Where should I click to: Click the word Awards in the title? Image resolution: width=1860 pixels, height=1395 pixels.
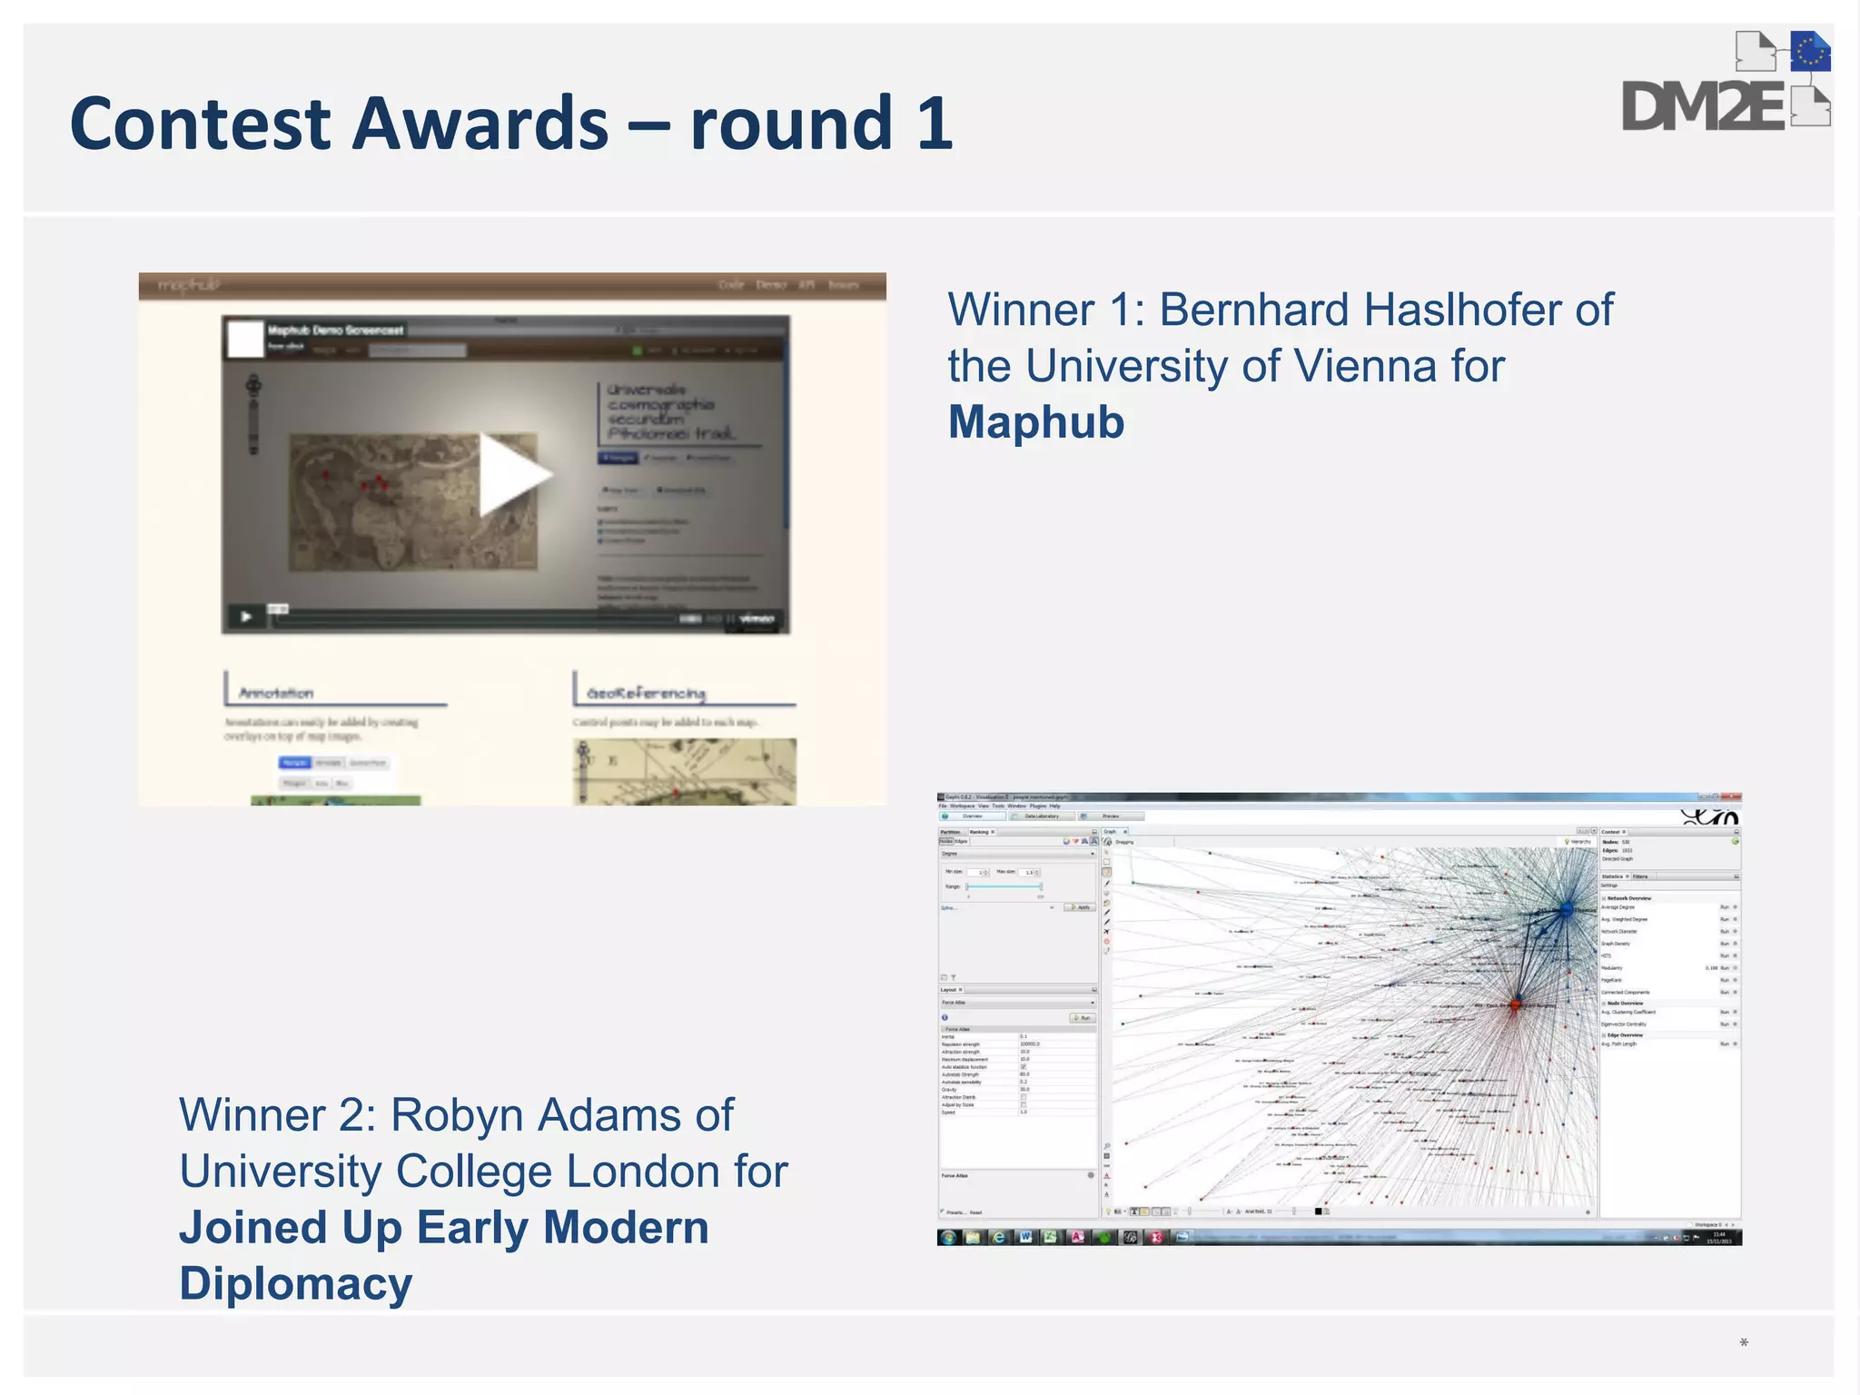[480, 124]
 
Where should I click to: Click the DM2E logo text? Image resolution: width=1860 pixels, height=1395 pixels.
[1703, 108]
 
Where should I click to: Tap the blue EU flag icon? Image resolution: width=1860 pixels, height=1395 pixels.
[1810, 52]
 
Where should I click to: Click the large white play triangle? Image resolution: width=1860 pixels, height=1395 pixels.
[511, 474]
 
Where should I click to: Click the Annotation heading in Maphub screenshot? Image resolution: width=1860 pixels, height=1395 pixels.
[276, 693]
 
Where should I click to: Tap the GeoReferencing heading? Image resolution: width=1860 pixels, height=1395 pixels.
[647, 693]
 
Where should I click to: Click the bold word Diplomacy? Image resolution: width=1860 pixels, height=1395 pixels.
[296, 1284]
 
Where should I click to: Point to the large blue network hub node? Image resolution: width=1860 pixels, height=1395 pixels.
[1566, 909]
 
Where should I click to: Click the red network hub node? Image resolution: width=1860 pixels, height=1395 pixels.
[1515, 1004]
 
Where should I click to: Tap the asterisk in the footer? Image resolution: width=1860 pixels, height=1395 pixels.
[1744, 1343]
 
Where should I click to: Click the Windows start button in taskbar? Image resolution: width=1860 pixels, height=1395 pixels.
[948, 1237]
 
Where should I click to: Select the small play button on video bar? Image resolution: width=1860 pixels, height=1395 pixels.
[246, 618]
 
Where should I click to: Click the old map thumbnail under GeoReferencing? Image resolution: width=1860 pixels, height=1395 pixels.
[685, 771]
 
